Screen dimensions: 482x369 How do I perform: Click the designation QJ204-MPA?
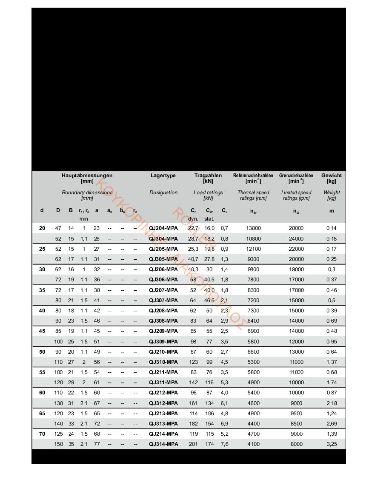coord(163,228)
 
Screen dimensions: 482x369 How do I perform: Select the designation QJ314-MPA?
coord(163,444)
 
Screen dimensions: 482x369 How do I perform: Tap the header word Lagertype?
coord(163,176)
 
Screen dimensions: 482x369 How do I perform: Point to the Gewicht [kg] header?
coord(331,176)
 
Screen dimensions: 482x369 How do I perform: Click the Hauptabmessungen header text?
coord(87,176)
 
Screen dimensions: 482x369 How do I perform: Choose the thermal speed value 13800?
coord(254,228)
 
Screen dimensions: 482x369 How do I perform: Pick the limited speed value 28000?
coord(296,228)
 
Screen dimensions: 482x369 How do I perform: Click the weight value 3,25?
coord(332,444)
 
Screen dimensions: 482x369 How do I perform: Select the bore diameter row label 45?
coord(42,331)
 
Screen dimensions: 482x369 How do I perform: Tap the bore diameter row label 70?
coord(42,434)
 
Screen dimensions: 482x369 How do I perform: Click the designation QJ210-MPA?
coord(163,352)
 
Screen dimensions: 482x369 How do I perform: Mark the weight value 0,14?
coord(332,228)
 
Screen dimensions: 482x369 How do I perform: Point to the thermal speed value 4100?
coord(254,444)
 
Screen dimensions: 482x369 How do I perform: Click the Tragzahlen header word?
coord(208,176)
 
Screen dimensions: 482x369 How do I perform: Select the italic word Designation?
coord(163,193)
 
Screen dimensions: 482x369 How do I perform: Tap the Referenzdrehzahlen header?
coord(253,176)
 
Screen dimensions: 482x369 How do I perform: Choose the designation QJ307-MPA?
coord(163,300)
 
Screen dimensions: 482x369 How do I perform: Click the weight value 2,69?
coord(332,423)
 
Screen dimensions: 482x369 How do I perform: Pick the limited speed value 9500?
coord(296,413)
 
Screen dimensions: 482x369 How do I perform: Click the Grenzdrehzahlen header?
coord(296,176)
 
